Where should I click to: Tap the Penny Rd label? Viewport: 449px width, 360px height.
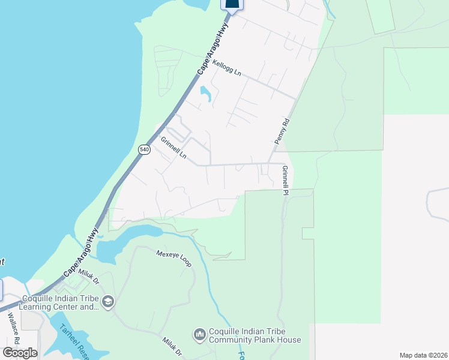point(282,130)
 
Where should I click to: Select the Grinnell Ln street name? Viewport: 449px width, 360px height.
point(173,149)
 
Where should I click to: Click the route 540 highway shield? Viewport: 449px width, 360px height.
point(144,149)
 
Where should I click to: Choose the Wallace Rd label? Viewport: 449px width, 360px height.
point(13,328)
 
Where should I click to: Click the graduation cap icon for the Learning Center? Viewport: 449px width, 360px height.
point(108,301)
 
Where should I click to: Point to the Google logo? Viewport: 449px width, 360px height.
point(20,352)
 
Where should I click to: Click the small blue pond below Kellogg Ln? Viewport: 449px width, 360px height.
point(205,94)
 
